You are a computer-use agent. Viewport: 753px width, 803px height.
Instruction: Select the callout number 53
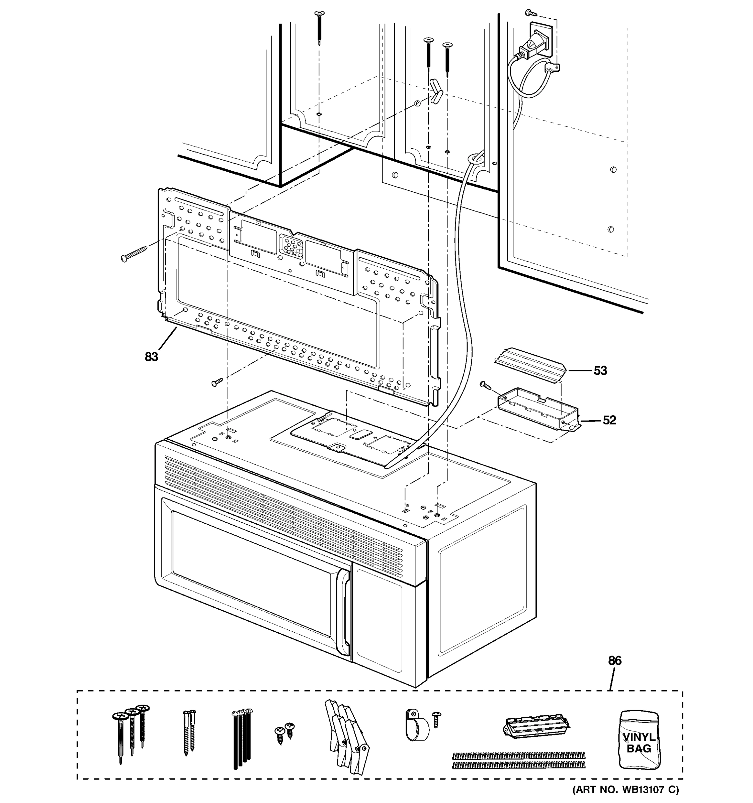[x=600, y=370]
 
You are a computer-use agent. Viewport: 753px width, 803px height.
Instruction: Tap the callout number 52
[x=609, y=420]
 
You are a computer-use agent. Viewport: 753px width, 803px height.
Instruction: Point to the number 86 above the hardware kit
[x=614, y=660]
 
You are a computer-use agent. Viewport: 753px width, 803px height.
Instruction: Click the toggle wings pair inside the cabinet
[x=436, y=92]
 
